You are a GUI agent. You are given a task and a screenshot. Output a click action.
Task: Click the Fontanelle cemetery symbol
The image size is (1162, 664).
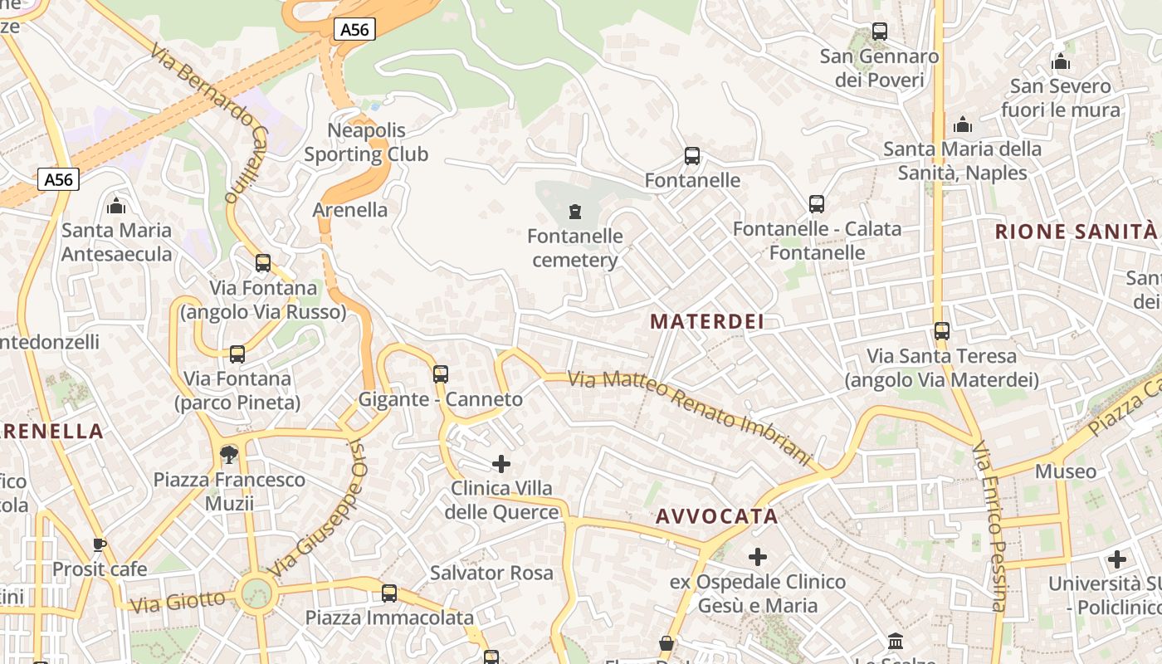[x=574, y=212]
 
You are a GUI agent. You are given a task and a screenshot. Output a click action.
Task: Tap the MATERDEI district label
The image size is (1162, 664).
[x=706, y=321]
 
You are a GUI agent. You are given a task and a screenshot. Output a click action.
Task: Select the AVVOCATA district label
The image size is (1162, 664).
[x=717, y=516]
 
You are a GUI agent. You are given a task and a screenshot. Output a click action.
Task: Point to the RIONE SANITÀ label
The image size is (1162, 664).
[x=1076, y=232]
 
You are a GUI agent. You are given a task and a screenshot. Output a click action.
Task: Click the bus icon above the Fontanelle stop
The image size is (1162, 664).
[x=692, y=156]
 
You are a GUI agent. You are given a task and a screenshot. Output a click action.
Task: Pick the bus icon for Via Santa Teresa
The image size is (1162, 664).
[x=942, y=331]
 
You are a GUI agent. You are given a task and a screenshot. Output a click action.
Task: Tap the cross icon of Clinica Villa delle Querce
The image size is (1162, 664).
[x=501, y=463]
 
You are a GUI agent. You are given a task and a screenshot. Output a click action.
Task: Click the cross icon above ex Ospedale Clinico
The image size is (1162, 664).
[x=758, y=557]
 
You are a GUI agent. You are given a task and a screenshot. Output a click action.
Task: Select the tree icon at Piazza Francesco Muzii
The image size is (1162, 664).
[x=229, y=454]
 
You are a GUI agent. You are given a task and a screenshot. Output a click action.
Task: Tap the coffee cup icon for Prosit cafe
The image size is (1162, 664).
[x=100, y=544]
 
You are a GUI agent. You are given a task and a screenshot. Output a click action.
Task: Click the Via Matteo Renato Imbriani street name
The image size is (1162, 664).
[x=689, y=415]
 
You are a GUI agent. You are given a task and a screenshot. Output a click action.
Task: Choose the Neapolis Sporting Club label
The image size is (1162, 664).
[x=366, y=142]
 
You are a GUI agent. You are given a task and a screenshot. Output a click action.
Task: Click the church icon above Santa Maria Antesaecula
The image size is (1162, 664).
[x=116, y=205]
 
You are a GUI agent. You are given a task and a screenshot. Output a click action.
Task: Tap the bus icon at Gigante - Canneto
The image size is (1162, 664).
[x=441, y=374]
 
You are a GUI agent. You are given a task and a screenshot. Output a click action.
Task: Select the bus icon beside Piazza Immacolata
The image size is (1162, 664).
[x=389, y=593]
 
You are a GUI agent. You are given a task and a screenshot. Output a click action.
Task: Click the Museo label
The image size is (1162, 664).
[x=1066, y=471]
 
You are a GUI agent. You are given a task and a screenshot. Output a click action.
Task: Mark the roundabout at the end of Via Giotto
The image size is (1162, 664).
[x=256, y=593]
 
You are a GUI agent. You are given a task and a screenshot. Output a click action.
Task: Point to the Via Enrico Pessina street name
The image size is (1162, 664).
[x=991, y=527]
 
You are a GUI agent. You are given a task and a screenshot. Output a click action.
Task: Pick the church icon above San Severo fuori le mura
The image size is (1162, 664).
[x=1060, y=62]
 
